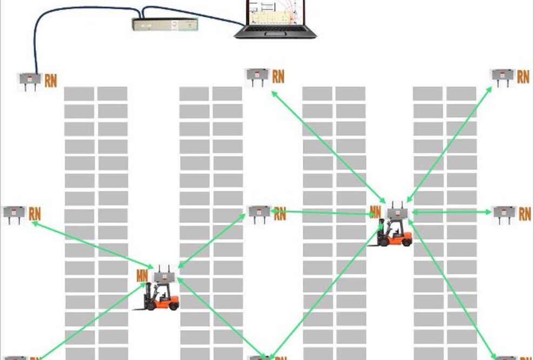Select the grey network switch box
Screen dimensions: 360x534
[x=165, y=24]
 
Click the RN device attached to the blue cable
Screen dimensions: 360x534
[x=30, y=79]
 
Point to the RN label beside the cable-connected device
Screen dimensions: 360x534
[x=51, y=81]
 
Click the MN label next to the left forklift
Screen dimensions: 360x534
[x=143, y=275]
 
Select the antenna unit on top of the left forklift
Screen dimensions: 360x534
[x=163, y=276]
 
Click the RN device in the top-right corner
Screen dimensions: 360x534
[x=503, y=76]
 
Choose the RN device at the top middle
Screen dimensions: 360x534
[x=258, y=76]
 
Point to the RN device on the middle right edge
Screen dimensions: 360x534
[x=504, y=214]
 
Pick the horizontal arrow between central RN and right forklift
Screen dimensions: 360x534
[x=324, y=212]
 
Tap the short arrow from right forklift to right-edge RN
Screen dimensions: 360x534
[x=451, y=212]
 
